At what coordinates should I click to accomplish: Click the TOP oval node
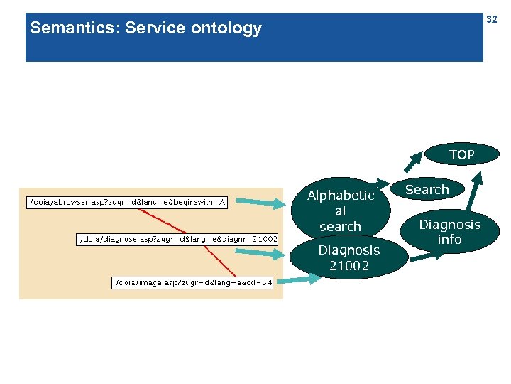coord(461,154)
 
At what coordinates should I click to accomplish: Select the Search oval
coord(427,190)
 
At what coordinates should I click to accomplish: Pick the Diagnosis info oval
coord(449,233)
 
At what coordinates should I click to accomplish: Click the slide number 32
coord(491,20)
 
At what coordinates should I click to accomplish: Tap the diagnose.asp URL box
coord(177,239)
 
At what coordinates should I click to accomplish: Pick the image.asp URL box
coord(193,282)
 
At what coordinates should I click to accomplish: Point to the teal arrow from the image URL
coord(298,280)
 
